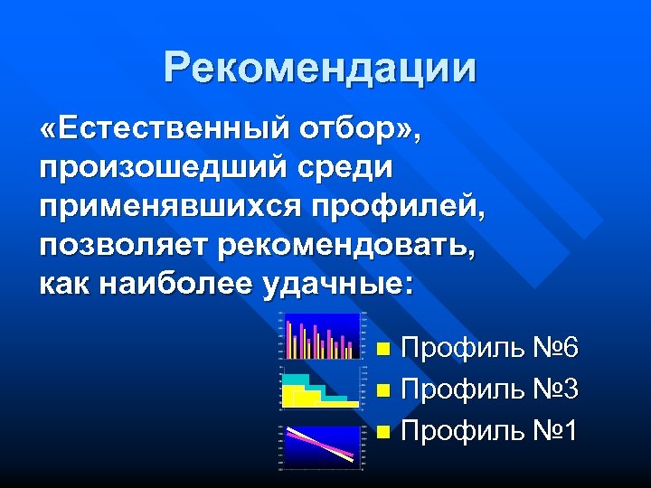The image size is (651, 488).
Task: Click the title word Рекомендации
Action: tap(320, 68)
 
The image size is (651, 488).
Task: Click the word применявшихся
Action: tap(169, 209)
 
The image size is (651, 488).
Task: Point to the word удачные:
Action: tap(338, 286)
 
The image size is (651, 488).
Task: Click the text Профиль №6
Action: tap(488, 348)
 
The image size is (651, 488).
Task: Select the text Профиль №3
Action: tap(488, 390)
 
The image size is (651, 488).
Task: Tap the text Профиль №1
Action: tap(488, 432)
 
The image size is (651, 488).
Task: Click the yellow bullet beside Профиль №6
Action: tap(384, 349)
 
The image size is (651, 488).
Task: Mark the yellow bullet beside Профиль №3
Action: tap(384, 391)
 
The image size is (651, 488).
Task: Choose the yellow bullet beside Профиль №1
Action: tap(384, 433)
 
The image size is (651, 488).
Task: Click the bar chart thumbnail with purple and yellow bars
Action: tap(320, 336)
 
